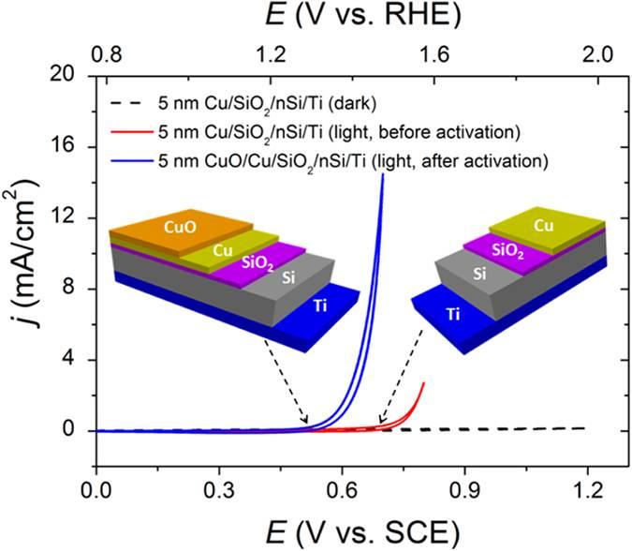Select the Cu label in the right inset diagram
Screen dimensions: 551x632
point(542,227)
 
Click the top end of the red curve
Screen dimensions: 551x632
point(424,382)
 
